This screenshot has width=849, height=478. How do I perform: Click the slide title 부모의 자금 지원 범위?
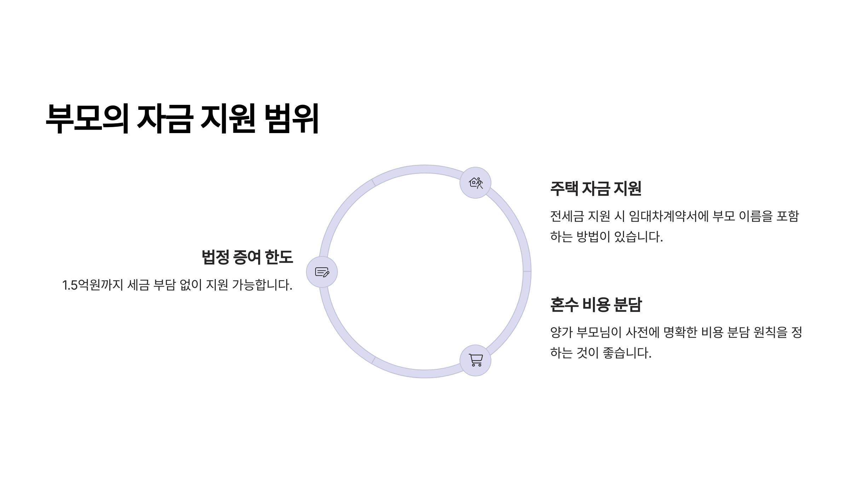click(x=182, y=119)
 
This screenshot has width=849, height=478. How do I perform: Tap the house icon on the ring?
click(x=475, y=183)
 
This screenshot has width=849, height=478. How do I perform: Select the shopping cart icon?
click(x=475, y=360)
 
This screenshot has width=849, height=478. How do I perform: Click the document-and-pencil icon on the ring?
click(x=322, y=272)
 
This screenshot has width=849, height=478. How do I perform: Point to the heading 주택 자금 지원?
click(x=596, y=188)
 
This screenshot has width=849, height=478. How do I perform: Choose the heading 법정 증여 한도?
click(x=247, y=257)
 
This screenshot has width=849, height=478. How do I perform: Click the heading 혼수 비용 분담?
click(x=596, y=305)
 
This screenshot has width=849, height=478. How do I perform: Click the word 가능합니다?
click(x=262, y=285)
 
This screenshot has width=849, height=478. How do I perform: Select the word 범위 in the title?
click(x=292, y=119)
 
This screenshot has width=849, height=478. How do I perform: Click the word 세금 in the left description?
click(x=138, y=285)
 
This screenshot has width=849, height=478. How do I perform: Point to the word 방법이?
click(x=593, y=237)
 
